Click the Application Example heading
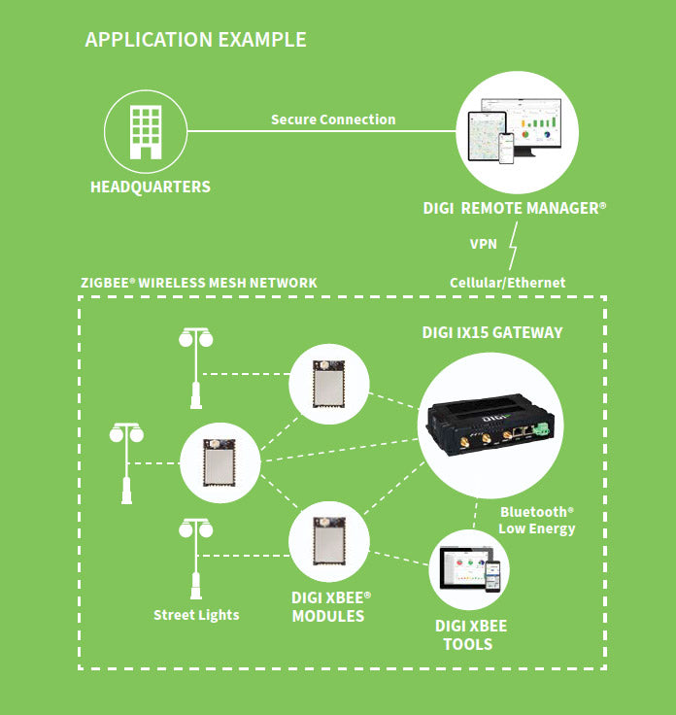pos(195,40)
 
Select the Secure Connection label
pos(333,119)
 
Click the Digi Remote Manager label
pos(515,208)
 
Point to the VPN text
pos(486,244)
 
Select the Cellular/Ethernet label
pos(507,283)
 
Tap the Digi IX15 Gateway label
pos(491,332)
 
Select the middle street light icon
pos(126,461)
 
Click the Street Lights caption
pos(196,615)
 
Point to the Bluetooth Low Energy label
pos(536,520)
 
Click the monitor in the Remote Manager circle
pos(532,125)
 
